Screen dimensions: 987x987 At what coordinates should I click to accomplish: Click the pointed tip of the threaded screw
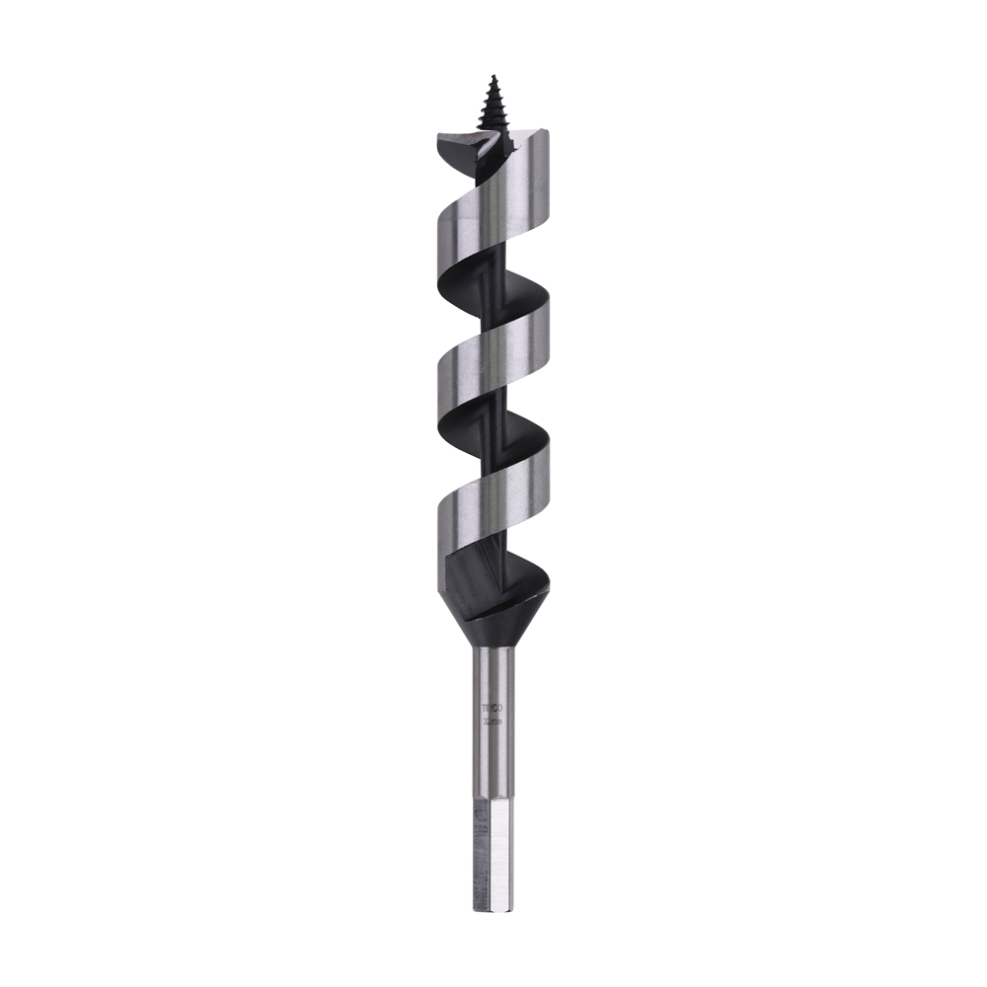click(x=491, y=74)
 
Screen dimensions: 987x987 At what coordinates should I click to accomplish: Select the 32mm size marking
click(x=492, y=722)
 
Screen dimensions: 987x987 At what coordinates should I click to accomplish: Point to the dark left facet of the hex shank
click(x=482, y=839)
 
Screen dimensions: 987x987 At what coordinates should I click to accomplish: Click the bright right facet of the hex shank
click(x=500, y=839)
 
